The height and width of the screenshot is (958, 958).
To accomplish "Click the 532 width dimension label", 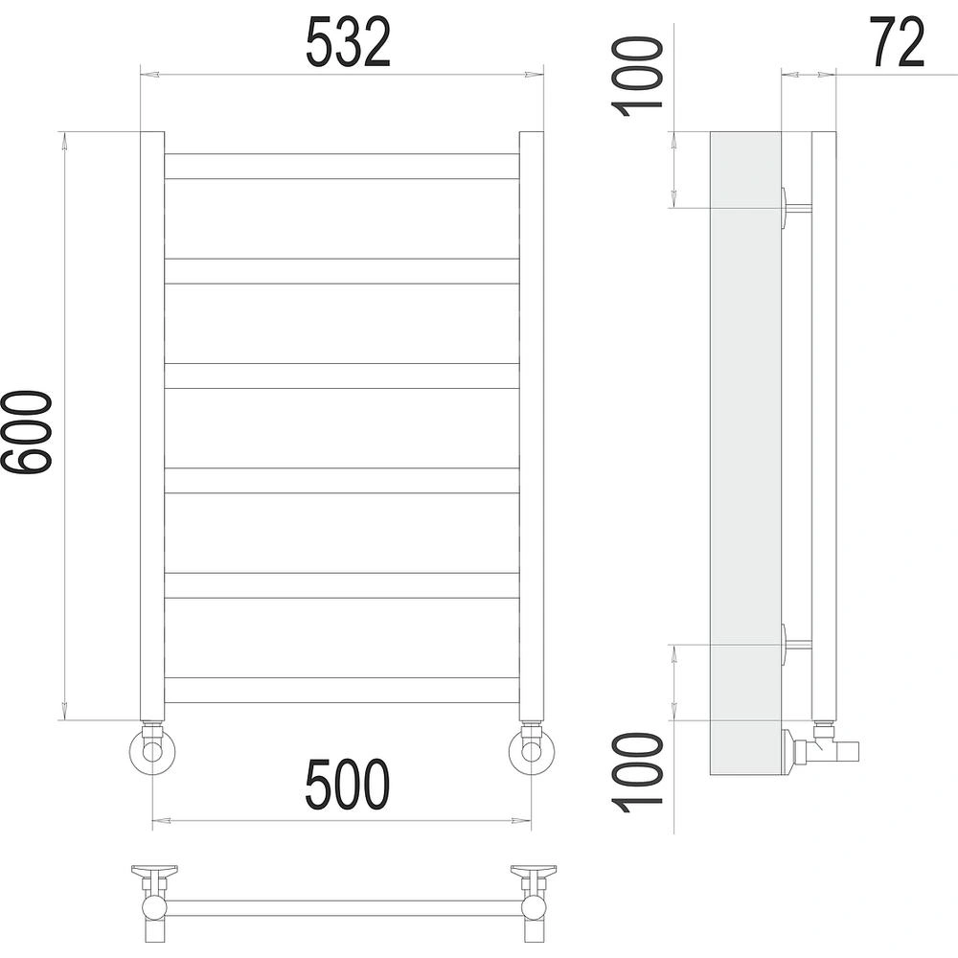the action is [348, 42].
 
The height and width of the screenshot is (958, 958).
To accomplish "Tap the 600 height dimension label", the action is [26, 432].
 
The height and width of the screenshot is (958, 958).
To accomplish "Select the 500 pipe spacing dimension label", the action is [347, 784].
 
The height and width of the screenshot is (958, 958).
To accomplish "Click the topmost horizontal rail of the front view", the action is [342, 166].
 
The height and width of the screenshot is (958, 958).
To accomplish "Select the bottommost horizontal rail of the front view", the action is [342, 691].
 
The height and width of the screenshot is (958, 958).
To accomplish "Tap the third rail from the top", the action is [342, 376].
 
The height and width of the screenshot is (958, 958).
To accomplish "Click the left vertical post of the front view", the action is [152, 426].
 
